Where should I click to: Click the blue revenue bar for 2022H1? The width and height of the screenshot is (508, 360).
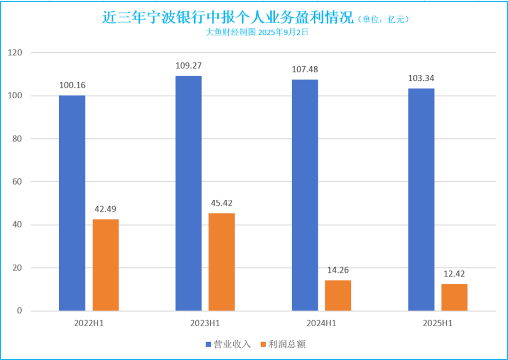pos(72,203)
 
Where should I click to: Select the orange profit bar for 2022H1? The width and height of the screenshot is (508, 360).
pos(105,265)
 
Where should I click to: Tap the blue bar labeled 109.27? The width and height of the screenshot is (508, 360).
pos(188,193)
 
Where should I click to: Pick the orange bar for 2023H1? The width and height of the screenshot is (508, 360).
pos(222,262)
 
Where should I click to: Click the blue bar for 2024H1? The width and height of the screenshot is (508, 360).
pos(305,195)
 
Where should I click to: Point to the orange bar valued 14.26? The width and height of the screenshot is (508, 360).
pos(338,296)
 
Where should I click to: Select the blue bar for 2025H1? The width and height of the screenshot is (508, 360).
pos(421,200)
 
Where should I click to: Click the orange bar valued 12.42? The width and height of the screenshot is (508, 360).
pos(454,297)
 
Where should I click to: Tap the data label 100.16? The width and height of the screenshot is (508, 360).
pos(72,85)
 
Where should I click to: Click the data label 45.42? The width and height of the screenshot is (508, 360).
pos(222,203)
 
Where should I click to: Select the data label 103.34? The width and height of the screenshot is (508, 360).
pos(421,78)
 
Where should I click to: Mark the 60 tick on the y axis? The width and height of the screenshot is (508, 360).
pos(17,182)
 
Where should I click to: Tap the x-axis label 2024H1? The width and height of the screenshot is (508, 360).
pos(322,323)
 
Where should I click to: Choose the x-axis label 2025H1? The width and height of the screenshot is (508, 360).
pos(438,323)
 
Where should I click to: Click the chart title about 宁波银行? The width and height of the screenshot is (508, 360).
pos(228,18)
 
